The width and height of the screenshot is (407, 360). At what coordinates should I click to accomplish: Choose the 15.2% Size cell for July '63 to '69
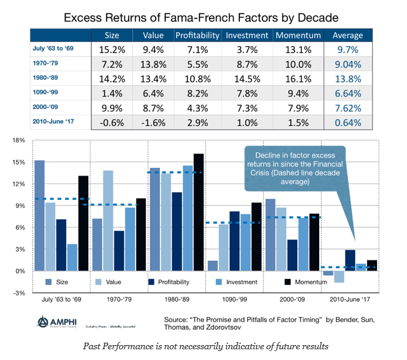click(111, 49)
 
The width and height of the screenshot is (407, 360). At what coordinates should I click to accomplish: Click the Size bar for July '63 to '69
click(39, 215)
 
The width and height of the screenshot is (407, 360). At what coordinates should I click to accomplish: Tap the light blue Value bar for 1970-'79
click(109, 220)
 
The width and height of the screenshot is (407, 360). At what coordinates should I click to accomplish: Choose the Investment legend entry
click(236, 282)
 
